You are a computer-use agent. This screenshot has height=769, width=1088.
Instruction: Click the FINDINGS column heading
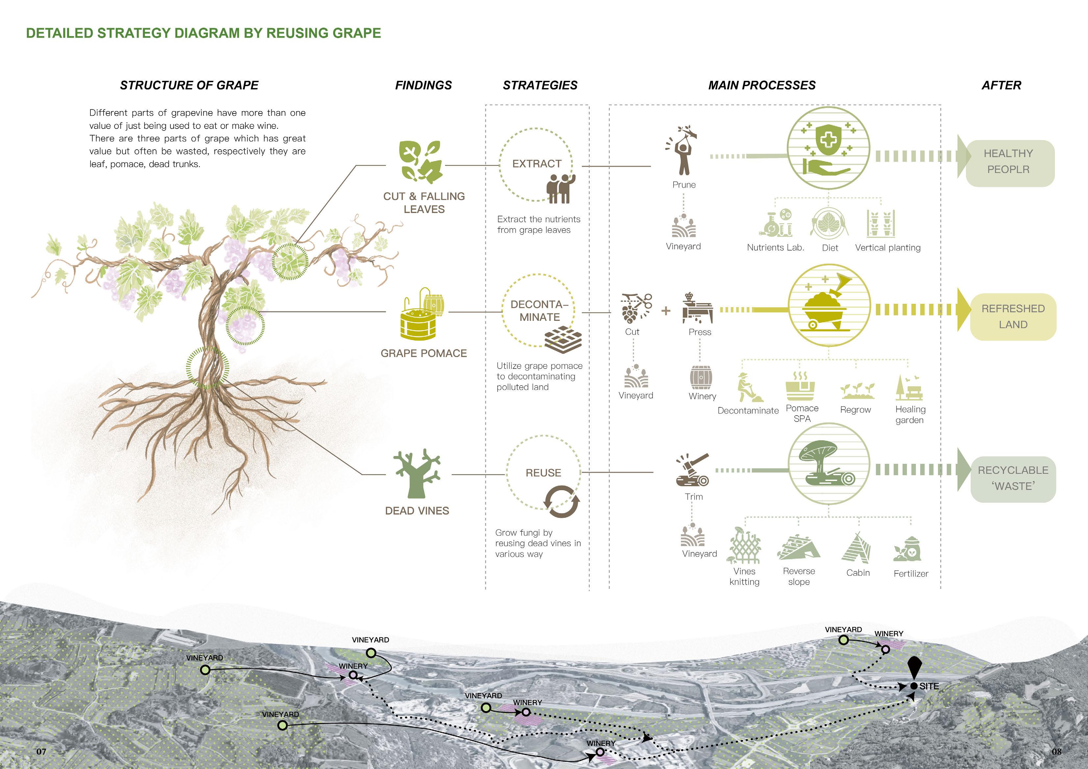[x=423, y=85]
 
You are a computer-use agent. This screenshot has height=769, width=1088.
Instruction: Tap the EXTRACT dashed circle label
[x=536, y=163]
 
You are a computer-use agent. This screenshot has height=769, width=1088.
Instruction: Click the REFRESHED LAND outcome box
[x=1013, y=317]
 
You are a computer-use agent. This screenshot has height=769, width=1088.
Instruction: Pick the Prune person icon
[x=683, y=152]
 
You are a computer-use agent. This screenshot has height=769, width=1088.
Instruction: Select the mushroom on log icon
[x=827, y=464]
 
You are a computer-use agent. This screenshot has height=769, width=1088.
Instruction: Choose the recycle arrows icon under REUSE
[x=561, y=501]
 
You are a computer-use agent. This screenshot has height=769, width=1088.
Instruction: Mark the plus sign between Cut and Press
[x=666, y=311]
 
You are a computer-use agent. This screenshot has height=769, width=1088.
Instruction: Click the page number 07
[x=42, y=752]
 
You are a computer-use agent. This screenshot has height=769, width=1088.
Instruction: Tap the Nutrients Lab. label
[x=775, y=247]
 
